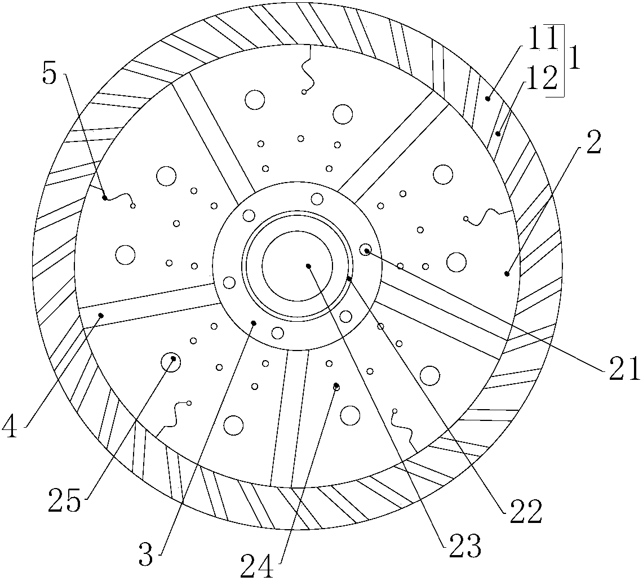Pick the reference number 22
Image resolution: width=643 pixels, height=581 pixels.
tap(526, 511)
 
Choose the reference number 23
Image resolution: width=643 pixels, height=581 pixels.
tap(465, 545)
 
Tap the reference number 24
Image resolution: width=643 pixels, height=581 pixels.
tap(257, 566)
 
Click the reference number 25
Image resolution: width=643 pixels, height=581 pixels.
tap(64, 500)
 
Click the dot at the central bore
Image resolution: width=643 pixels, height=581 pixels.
tap(308, 266)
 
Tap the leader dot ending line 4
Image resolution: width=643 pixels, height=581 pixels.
tap(101, 315)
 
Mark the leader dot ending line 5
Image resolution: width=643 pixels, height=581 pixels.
tap(105, 198)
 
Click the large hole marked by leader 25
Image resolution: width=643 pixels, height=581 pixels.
tap(170, 362)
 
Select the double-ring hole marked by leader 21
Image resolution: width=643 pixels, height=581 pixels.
tap(365, 250)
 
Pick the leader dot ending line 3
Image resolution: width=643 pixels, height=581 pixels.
tap(254, 323)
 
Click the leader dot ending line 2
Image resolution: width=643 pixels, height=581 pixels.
tap(507, 273)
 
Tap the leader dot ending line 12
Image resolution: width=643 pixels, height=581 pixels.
tap(498, 134)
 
